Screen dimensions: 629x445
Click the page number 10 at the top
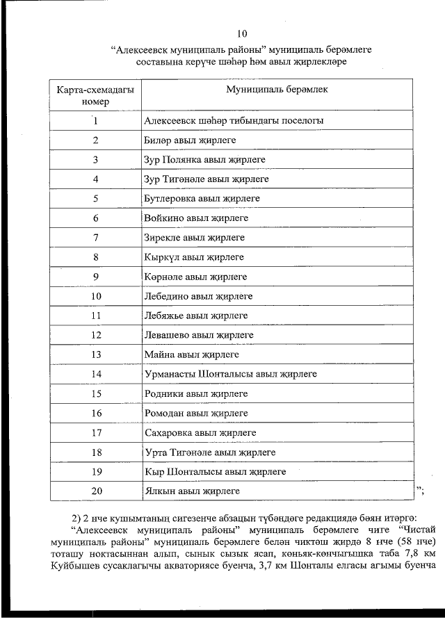coord(241,33)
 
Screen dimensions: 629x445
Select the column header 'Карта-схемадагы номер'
coord(96,96)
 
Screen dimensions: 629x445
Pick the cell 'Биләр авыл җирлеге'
coord(190,140)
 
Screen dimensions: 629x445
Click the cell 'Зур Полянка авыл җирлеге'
coord(204,160)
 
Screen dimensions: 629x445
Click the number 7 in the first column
coord(96,238)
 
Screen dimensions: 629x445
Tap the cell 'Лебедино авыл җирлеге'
coord(198,296)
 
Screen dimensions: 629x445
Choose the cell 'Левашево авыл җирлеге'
coord(198,335)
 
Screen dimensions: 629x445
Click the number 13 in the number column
coord(96,354)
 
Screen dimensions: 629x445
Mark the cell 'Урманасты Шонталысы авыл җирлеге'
coord(229,374)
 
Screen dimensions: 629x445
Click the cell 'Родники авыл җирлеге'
coord(195,393)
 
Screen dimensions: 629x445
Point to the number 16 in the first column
coord(96,414)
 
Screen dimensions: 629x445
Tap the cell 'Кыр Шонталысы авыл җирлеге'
coord(215,472)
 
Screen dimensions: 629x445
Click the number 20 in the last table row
coord(96,491)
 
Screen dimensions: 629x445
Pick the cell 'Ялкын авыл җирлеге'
coord(192,491)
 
